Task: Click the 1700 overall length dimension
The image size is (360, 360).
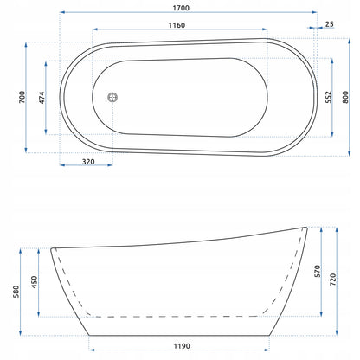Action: [x=181, y=8]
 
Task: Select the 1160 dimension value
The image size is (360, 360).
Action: [x=177, y=25]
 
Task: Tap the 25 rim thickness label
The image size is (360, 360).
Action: [x=329, y=24]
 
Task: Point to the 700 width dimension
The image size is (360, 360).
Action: [x=22, y=98]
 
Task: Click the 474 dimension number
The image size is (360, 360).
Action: [x=42, y=98]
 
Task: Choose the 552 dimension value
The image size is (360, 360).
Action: [x=329, y=97]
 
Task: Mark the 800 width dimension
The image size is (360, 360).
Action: [x=345, y=97]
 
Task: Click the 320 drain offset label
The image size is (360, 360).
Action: [x=88, y=162]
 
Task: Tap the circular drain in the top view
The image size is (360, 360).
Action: [x=112, y=97]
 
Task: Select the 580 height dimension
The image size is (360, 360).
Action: [x=16, y=292]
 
